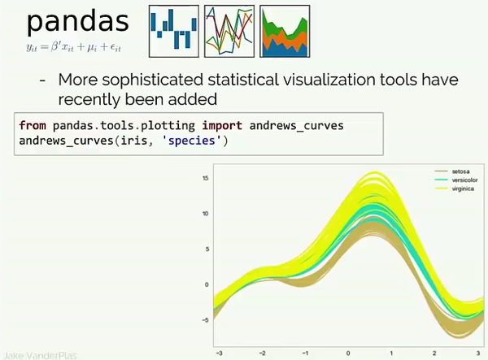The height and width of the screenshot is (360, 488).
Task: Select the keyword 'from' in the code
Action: point(32,127)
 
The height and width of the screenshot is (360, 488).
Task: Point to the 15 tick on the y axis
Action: point(207,178)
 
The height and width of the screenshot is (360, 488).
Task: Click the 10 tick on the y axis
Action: point(207,214)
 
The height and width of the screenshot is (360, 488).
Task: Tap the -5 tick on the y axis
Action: point(207,320)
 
